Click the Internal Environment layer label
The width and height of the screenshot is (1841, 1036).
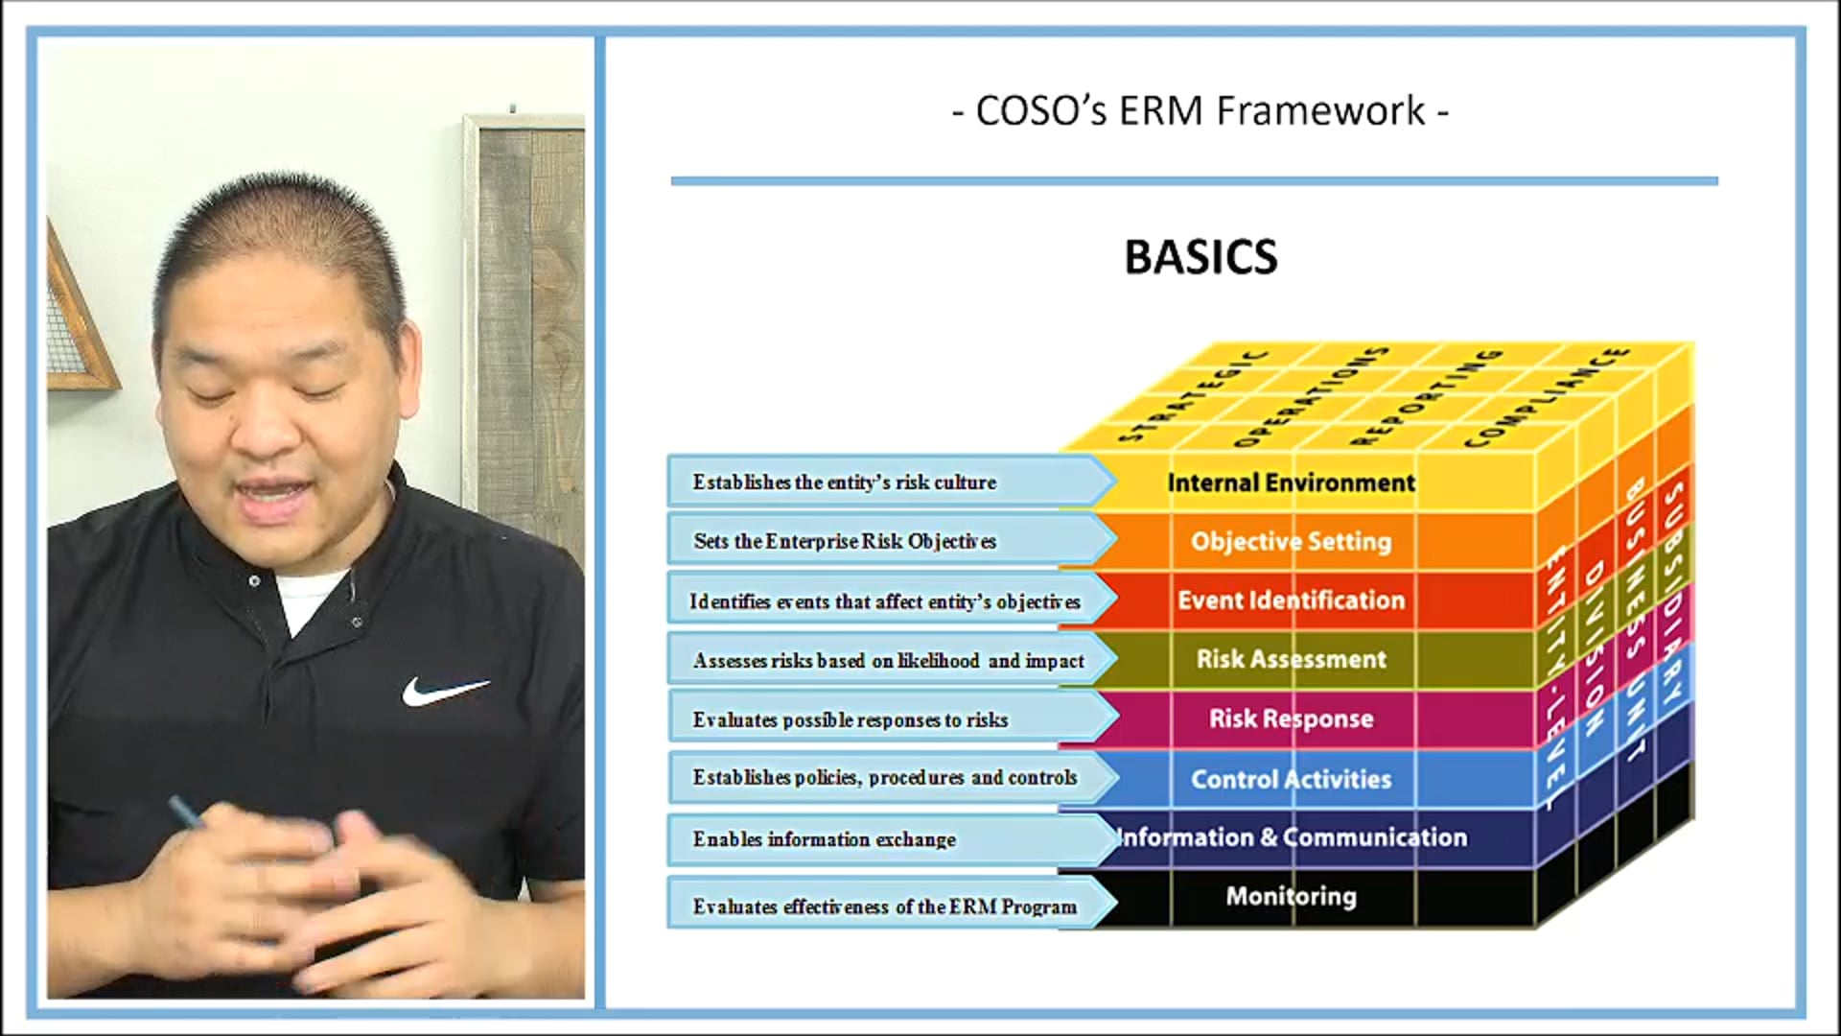pos(1291,483)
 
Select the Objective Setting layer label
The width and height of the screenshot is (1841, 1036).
pos(1291,542)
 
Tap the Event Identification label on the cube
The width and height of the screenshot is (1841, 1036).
pos(1291,600)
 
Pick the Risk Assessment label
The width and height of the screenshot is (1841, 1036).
pos(1291,660)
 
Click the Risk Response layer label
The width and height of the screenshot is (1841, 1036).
pos(1291,719)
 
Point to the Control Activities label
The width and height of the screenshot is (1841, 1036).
pos(1291,779)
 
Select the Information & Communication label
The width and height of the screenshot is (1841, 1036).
pos(1291,837)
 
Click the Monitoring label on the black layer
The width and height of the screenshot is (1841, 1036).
pos(1291,896)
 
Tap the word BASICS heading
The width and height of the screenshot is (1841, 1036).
pos(1200,257)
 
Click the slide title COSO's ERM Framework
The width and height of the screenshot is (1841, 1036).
pos(1200,111)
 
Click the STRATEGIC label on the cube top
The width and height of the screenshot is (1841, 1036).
pos(1193,396)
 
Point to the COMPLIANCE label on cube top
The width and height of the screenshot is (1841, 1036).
pos(1546,396)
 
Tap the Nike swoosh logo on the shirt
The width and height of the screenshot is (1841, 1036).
pos(444,690)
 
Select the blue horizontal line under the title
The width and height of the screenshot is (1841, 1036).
pos(1194,180)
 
